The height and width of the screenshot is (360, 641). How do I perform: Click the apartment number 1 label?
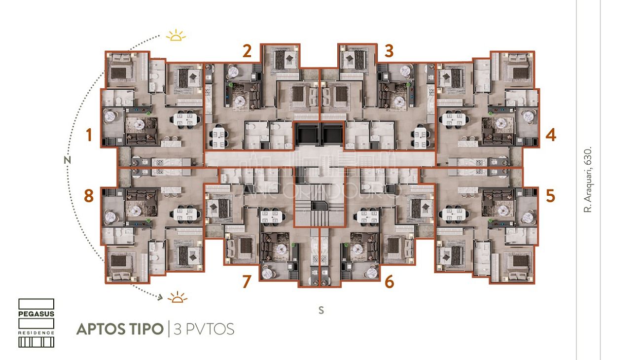click(x=89, y=135)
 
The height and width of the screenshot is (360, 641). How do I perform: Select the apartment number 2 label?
click(x=247, y=51)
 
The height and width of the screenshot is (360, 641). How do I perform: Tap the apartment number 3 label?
click(x=389, y=51)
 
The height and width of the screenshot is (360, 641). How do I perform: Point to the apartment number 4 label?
click(x=551, y=135)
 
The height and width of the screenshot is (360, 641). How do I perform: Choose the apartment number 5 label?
click(x=551, y=196)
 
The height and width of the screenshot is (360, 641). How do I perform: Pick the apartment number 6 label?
click(x=389, y=282)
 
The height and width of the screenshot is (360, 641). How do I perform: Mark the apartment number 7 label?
click(x=247, y=282)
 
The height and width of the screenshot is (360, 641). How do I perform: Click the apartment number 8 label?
click(x=89, y=196)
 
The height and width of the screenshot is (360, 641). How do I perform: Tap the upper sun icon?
click(x=176, y=36)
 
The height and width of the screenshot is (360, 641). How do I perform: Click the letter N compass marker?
click(x=68, y=160)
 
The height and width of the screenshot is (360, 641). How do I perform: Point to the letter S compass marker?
click(x=321, y=310)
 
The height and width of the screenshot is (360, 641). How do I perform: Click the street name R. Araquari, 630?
click(x=587, y=180)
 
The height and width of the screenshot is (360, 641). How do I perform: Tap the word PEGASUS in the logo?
click(x=36, y=313)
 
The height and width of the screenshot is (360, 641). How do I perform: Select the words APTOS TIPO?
click(x=120, y=329)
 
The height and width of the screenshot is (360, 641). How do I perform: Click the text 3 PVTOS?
click(x=204, y=329)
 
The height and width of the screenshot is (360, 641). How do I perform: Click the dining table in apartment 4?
click(x=454, y=119)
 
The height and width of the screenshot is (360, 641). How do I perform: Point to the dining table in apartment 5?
click(x=454, y=214)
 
